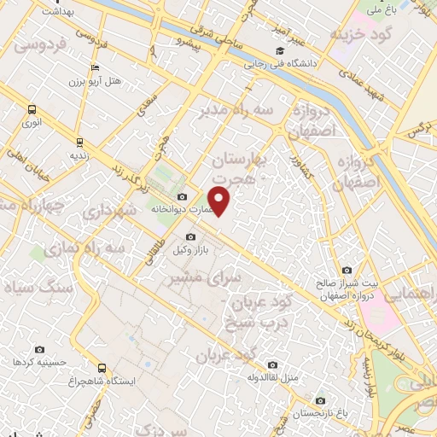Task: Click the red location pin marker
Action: tap(219, 200)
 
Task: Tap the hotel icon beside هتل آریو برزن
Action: tap(94, 68)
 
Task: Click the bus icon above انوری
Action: tap(32, 109)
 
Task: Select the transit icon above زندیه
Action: tap(79, 142)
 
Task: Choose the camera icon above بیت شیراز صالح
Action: tap(346, 271)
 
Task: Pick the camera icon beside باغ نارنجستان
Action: tap(319, 399)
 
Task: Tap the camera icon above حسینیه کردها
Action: tap(39, 349)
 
